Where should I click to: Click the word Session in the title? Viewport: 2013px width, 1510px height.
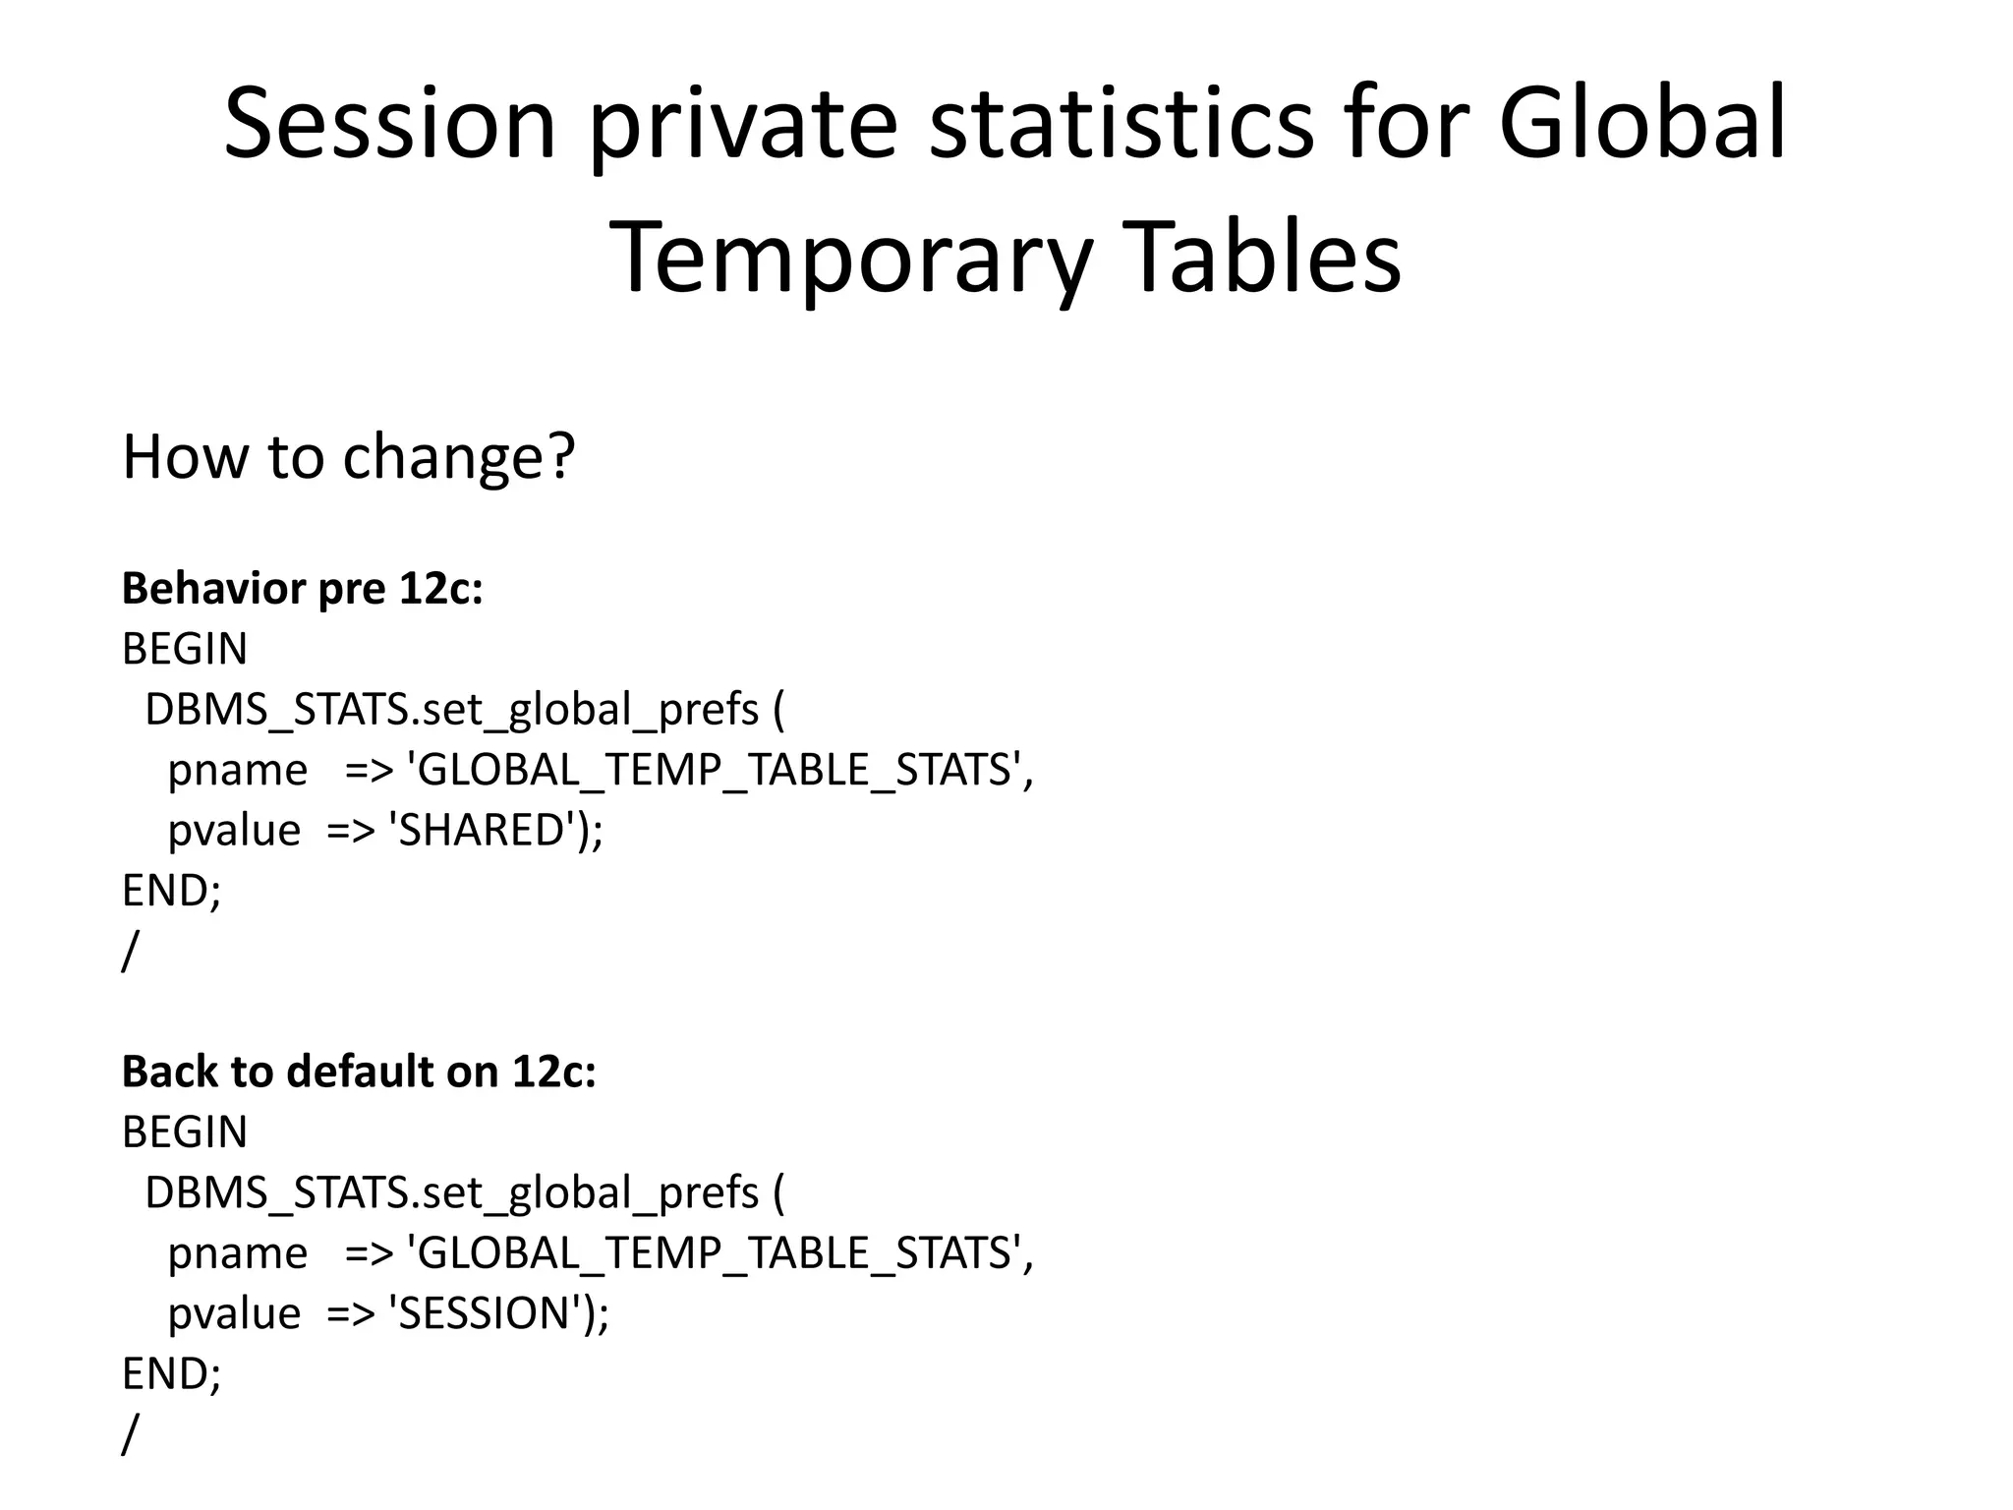(x=390, y=125)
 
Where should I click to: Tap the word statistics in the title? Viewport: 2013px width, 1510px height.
(x=1121, y=125)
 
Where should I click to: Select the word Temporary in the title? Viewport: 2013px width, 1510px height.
(x=851, y=259)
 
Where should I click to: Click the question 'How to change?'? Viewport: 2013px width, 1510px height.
(x=348, y=457)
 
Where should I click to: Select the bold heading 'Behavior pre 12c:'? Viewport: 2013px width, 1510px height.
(x=303, y=589)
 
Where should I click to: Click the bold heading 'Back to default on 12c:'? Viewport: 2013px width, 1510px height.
(x=359, y=1072)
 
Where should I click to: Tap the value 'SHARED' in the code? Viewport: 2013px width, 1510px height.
(x=482, y=830)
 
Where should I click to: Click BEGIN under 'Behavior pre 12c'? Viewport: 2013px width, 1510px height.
(x=185, y=649)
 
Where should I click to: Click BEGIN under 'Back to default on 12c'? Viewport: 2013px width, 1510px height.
(x=185, y=1132)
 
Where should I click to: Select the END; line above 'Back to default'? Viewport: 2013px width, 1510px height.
(x=172, y=891)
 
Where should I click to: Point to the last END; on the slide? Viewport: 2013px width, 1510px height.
(x=172, y=1374)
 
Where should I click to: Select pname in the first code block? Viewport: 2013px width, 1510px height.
(x=238, y=770)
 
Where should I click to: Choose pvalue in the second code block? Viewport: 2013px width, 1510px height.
(x=234, y=1313)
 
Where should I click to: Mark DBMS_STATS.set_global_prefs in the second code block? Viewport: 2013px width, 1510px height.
(x=452, y=1192)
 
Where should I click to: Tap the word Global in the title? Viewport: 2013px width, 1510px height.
(x=1642, y=125)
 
